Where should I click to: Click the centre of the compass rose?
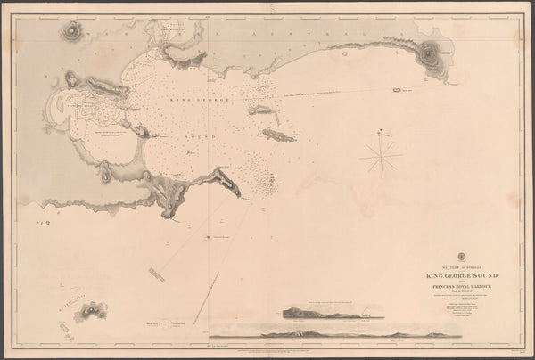click(x=382, y=159)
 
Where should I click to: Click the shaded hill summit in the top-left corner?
click(x=71, y=32)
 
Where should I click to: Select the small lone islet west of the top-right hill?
click(x=395, y=89)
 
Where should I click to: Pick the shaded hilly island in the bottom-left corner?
click(x=93, y=310)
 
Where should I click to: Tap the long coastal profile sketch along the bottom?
click(x=357, y=334)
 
